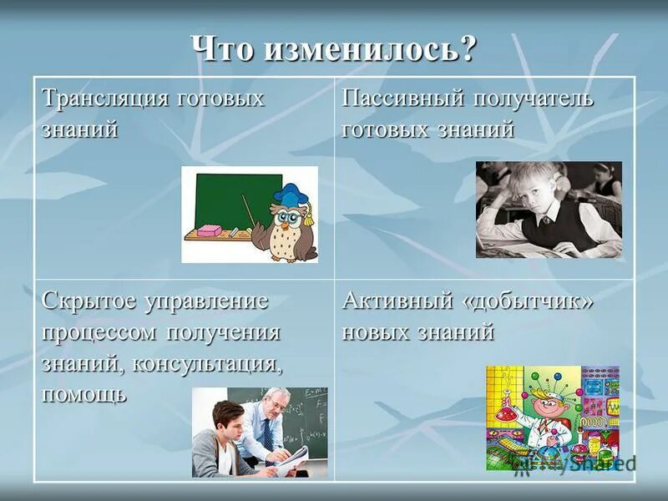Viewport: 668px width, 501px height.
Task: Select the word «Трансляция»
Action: [104, 99]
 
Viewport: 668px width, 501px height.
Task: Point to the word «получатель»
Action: [534, 99]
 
